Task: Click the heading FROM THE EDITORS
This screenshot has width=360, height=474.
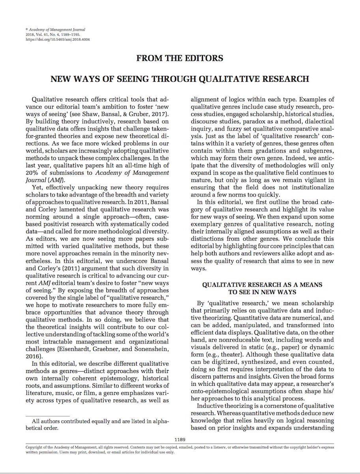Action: [x=180, y=58]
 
